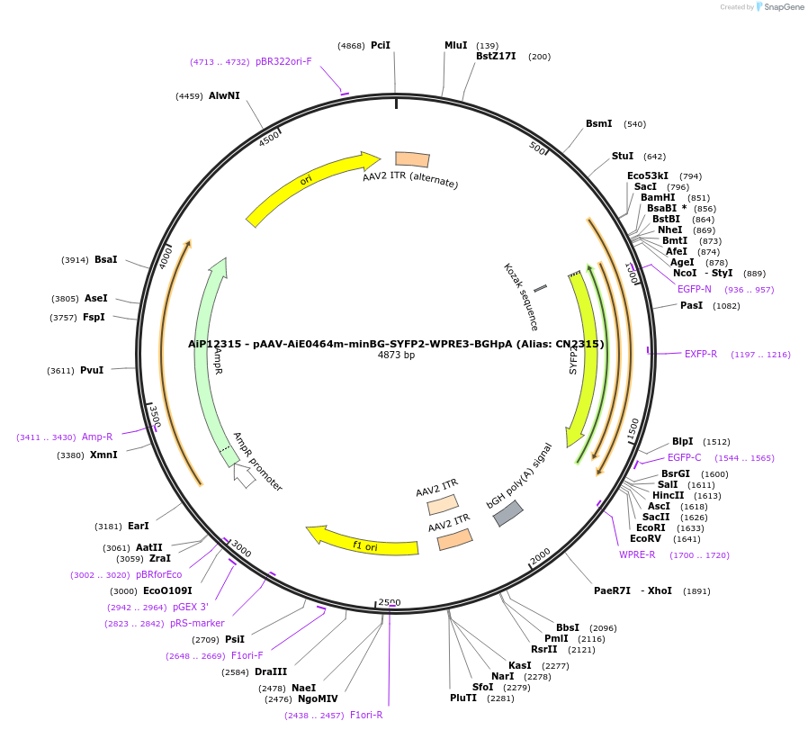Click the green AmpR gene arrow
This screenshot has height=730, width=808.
pos(210,360)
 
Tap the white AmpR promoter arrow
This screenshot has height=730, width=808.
pos(244,474)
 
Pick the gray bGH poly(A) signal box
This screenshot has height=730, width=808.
pos(507,513)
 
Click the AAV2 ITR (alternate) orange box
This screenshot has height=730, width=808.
pos(412,159)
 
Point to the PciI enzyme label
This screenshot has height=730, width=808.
pos(381,45)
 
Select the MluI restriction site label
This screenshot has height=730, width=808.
pos(456,45)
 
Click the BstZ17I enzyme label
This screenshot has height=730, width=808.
pos(496,57)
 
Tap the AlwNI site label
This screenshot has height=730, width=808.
pos(224,95)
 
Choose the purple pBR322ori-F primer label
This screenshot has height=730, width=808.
pos(283,62)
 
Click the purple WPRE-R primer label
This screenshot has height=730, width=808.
pos(637,554)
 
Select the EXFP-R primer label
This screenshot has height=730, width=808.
pos(701,354)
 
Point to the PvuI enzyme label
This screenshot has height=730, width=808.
pos(92,370)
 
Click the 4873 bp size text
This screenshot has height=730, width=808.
pos(396,356)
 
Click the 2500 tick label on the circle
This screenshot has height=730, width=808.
pos(389,602)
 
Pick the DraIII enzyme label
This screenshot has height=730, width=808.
pos(271,671)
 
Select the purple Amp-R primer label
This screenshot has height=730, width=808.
pos(97,437)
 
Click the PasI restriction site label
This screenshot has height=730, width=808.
pos(692,306)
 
